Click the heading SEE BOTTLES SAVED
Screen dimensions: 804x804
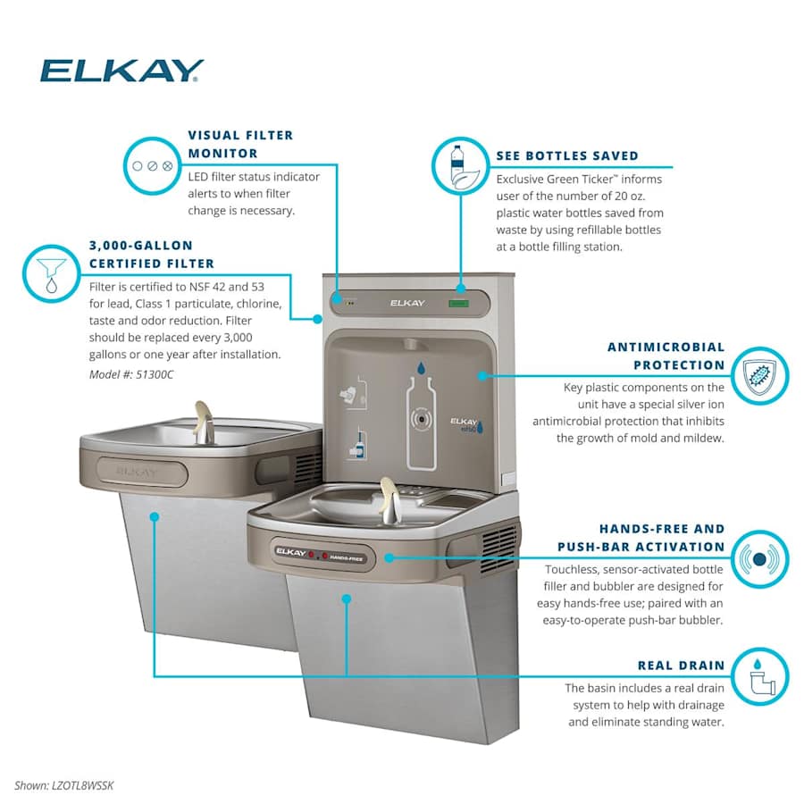567,155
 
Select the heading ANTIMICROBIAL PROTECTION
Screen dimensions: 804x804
666,356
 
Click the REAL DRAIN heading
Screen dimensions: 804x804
680,665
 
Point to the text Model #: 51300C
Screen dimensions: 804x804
131,374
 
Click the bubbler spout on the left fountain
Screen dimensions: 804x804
205,420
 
